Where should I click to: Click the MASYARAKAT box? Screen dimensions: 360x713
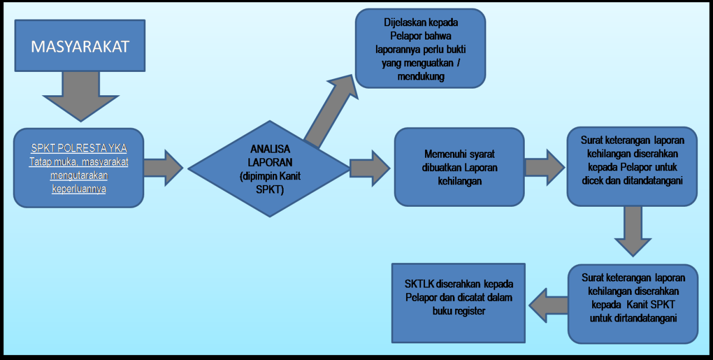coord(80,45)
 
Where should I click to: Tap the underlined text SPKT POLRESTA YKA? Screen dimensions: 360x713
coord(79,149)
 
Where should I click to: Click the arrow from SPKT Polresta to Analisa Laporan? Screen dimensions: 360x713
coord(163,167)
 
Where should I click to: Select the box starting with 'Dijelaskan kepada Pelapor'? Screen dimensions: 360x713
coord(421,48)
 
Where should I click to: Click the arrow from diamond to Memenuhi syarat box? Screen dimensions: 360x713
coord(369,167)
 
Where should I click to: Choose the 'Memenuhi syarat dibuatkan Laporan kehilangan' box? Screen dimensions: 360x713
coord(460,167)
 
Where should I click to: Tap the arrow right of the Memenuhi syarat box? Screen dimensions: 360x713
coord(544,167)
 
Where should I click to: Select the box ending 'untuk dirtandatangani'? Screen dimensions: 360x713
coord(633,304)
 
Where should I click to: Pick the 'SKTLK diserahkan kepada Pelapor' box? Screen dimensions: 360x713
coord(458,303)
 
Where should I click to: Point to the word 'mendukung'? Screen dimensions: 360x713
coord(421,76)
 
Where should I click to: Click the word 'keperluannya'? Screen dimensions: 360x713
coord(79,188)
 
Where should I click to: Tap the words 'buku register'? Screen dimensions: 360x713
coord(458,311)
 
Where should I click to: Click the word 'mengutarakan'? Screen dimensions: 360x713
coord(79,175)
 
